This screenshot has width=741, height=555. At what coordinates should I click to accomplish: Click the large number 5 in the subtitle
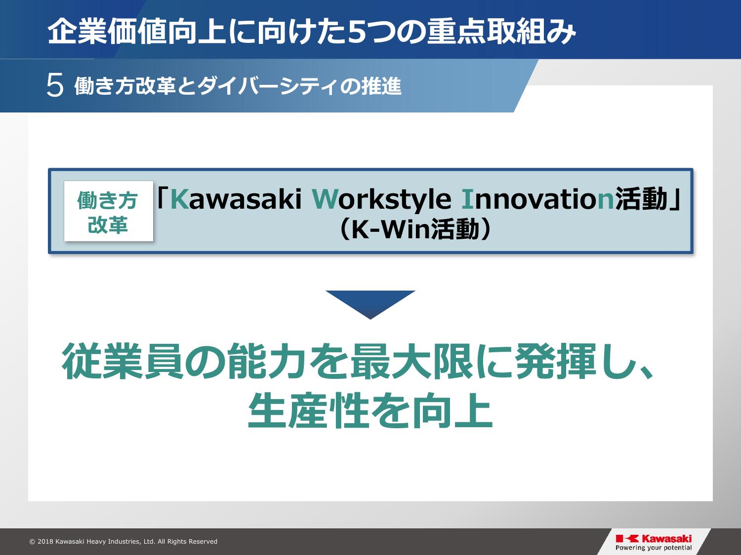pos(55,86)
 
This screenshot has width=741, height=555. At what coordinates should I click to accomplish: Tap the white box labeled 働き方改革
pos(108,211)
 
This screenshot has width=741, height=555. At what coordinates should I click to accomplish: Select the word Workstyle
pos(382,199)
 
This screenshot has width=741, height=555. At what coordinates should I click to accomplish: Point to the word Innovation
pos(538,199)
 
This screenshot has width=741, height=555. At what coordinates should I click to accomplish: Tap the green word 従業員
pos(123,361)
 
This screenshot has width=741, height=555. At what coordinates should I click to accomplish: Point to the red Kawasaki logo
pos(654,539)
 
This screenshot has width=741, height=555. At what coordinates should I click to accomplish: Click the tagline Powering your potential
pos(654,548)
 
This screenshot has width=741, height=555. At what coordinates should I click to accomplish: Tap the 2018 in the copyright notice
pos(45,542)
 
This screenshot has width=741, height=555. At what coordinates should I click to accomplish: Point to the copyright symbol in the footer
pos(33,542)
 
